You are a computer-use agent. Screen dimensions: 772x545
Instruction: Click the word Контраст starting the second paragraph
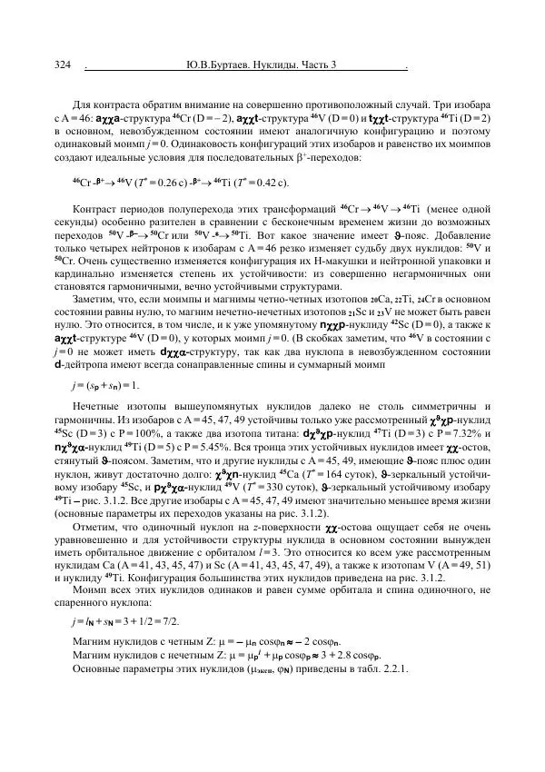pyautogui.click(x=95, y=210)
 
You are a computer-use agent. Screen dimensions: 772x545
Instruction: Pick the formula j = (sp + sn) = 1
pyautogui.click(x=108, y=384)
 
